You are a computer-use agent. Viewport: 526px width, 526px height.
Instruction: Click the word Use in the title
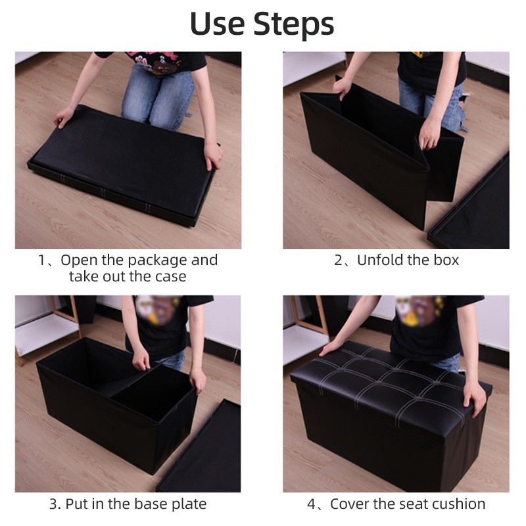tap(218, 24)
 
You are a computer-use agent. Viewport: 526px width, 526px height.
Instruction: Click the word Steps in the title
tap(294, 24)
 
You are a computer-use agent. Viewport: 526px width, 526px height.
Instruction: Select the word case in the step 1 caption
tap(170, 277)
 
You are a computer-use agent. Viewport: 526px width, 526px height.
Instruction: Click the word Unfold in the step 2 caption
tap(376, 260)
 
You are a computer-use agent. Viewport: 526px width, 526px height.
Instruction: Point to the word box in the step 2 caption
tap(446, 260)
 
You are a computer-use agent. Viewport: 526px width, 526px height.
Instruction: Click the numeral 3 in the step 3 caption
tap(53, 504)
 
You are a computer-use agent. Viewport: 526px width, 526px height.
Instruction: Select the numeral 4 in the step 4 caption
tap(311, 504)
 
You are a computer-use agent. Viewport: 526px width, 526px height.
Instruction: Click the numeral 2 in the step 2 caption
tap(338, 260)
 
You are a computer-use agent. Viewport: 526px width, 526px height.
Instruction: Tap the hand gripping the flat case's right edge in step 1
tap(213, 155)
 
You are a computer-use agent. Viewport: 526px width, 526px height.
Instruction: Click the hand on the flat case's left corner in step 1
tap(64, 116)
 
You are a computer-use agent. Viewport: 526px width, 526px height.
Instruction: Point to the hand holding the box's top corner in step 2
tap(342, 88)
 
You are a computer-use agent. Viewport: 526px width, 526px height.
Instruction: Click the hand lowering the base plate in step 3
tap(141, 359)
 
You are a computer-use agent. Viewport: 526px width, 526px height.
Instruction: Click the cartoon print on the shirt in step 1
tap(155, 62)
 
